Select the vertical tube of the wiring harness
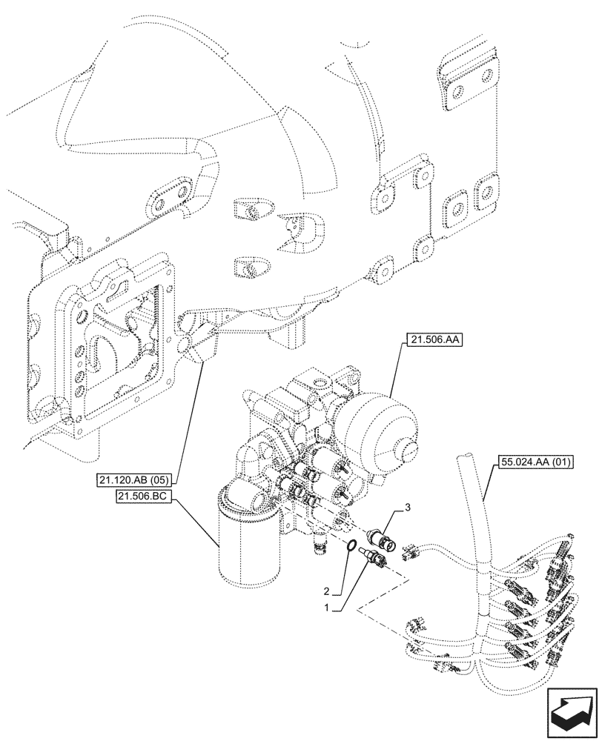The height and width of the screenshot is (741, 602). click(475, 519)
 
